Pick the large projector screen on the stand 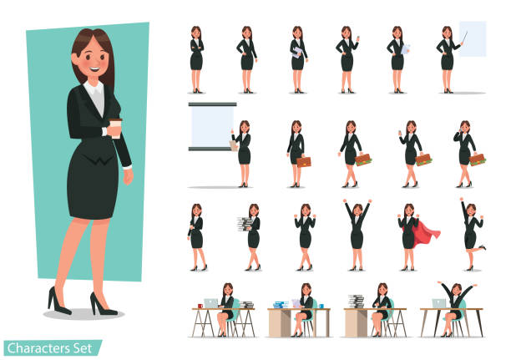211,125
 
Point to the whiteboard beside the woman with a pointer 473,39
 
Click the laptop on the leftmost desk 210,302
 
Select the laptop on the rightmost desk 439,302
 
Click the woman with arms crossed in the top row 195,58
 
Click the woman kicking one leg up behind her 473,234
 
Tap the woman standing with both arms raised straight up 357,232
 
